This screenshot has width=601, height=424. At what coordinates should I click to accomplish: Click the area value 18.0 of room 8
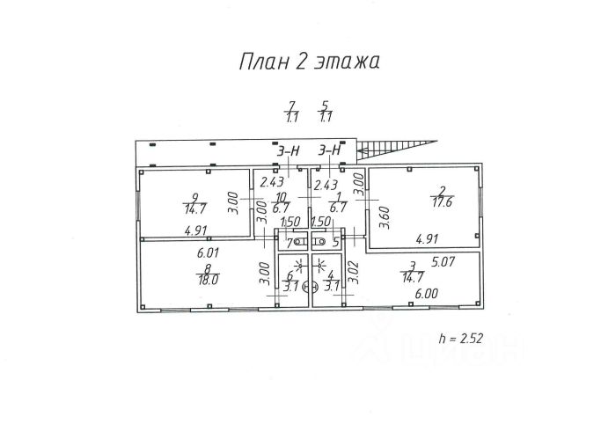pos(208,280)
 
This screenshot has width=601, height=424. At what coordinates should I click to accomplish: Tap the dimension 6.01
pos(208,251)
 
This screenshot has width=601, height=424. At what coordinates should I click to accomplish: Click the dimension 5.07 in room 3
pos(445,260)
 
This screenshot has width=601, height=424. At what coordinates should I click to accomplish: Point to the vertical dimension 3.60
pos(384,215)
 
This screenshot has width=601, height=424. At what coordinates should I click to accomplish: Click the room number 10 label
pos(282,197)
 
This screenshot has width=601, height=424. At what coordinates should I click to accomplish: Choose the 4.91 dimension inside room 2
pos(427,237)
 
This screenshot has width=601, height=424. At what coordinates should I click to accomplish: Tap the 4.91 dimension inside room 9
pos(195,231)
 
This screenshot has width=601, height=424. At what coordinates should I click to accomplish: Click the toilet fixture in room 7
pos(300,240)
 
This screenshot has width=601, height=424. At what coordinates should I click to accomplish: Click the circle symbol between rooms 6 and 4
pos(306,286)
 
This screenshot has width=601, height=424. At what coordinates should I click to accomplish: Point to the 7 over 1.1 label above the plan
pos(291,111)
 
